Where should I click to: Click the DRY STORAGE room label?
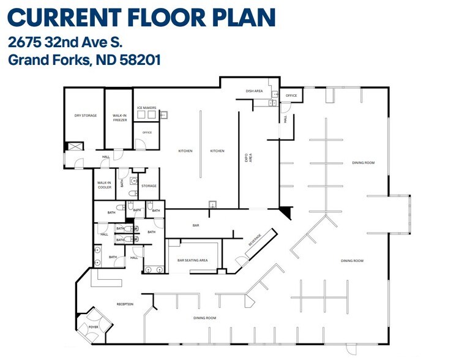[x=86, y=116]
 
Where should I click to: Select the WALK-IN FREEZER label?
[x=119, y=118]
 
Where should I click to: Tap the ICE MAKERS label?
[x=146, y=108]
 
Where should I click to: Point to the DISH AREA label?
[x=254, y=91]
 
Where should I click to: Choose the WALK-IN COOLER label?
[x=104, y=185]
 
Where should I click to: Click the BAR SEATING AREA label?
[x=193, y=260]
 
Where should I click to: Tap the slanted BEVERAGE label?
[x=255, y=240]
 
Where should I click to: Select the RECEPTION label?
[x=125, y=304]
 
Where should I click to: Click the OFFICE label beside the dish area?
[x=291, y=96]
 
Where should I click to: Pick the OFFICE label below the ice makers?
[x=147, y=132]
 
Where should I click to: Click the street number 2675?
[x=24, y=43]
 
